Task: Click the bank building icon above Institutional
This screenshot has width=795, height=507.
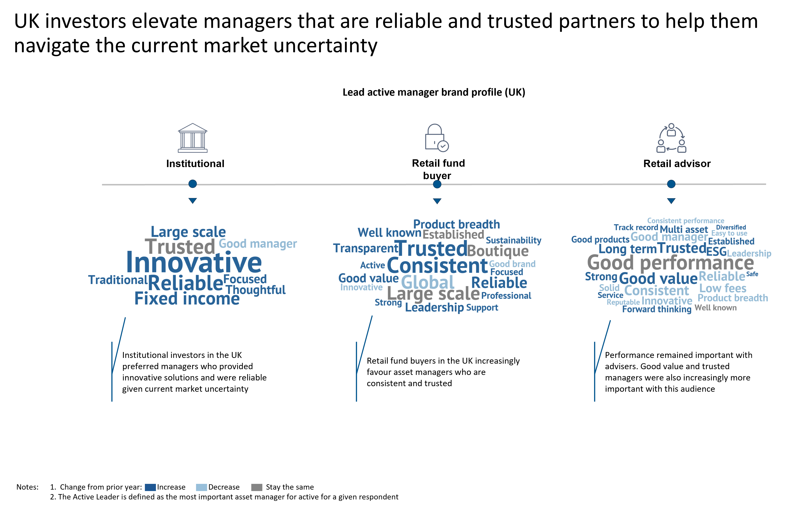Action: tap(193, 138)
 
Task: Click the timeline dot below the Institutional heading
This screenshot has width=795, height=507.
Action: tap(193, 184)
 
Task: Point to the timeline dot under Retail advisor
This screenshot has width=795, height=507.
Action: tap(671, 184)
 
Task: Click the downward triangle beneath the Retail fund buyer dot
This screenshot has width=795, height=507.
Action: tap(437, 201)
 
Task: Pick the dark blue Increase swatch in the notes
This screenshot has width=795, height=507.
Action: tap(150, 487)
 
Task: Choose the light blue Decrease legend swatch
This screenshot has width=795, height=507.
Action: tap(201, 487)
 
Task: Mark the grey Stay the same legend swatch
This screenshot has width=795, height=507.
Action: tap(257, 487)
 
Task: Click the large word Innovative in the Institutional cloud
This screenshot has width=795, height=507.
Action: tap(194, 263)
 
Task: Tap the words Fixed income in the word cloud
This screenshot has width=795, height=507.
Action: tap(187, 299)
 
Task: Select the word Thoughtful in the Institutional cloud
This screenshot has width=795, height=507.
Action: tap(256, 290)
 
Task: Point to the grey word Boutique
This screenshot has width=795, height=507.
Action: tap(498, 251)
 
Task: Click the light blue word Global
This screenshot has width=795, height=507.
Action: tap(428, 282)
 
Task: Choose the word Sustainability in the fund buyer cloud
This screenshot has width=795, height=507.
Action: tap(513, 240)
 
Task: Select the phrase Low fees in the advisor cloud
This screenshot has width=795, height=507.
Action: tap(723, 288)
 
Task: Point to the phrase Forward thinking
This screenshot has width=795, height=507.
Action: tap(657, 309)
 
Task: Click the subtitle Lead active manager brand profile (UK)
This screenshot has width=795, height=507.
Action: tap(434, 92)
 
